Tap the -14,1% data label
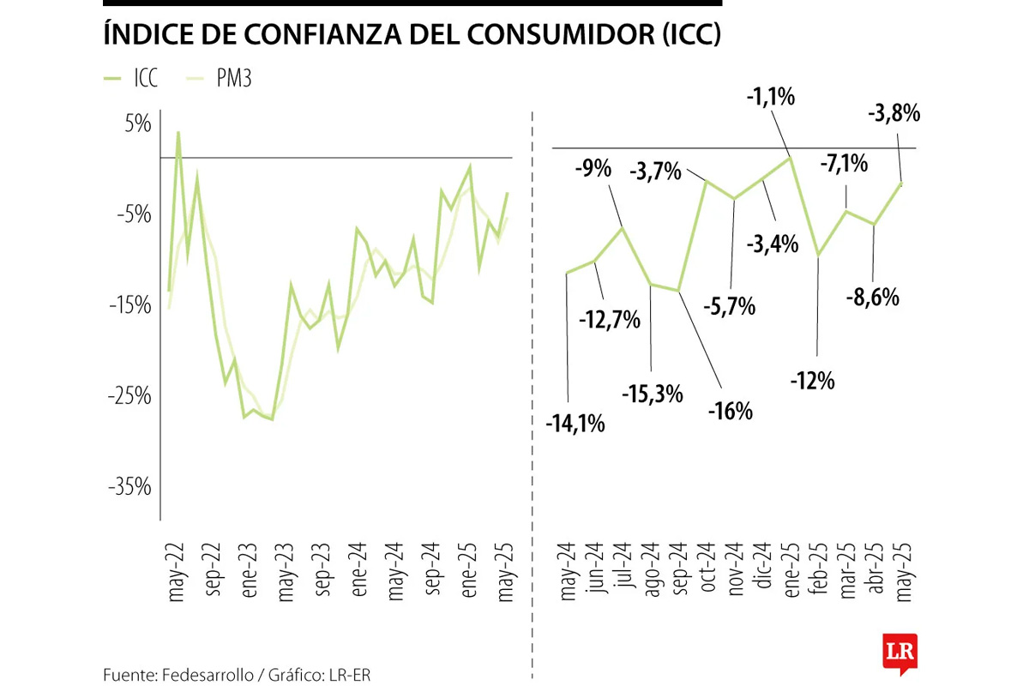point(575,423)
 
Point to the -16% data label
point(730,411)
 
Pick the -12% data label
point(813,380)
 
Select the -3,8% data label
point(895,112)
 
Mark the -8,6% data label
point(874,298)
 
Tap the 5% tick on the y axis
point(137,124)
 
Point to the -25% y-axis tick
point(129,396)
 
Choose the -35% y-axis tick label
point(129,487)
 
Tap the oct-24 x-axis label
point(707,570)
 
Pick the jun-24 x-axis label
point(595,570)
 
